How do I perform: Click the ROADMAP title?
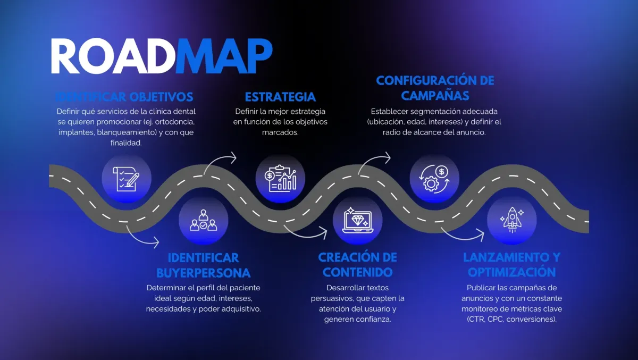tap(161, 56)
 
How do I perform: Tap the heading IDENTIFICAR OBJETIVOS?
tap(124, 97)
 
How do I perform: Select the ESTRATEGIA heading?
tap(280, 97)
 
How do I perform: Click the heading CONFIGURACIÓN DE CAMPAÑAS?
tap(435, 88)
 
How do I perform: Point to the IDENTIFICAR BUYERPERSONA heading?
tap(203, 265)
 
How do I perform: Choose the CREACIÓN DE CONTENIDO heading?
tap(357, 264)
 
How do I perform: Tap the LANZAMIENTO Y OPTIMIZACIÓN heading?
tap(511, 264)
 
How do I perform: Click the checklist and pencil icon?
tap(127, 179)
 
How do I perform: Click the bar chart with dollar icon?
tap(280, 179)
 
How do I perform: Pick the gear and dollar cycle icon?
tap(434, 179)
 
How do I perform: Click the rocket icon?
tap(511, 219)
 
